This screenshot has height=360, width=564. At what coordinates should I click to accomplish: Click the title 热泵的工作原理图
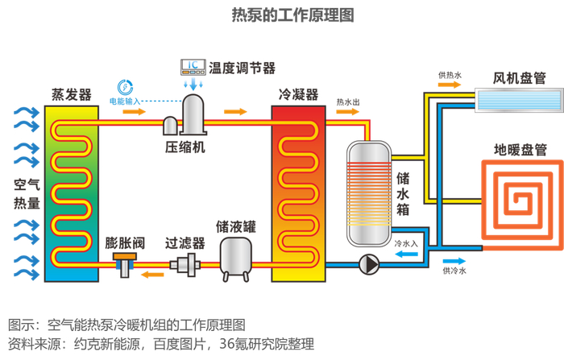pyautogui.click(x=281, y=14)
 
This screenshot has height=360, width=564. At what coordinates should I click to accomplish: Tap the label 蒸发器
pyautogui.click(x=71, y=93)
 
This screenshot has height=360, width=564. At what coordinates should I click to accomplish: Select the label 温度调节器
pyautogui.click(x=242, y=68)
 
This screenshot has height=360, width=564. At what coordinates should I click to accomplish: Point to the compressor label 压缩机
pyautogui.click(x=185, y=147)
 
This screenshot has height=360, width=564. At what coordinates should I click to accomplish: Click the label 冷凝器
pyautogui.click(x=298, y=93)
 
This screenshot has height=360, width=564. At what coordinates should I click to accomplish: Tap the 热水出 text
pyautogui.click(x=348, y=102)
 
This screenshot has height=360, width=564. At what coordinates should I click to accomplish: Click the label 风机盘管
pyautogui.click(x=520, y=78)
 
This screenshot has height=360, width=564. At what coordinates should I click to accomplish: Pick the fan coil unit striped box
pyautogui.click(x=519, y=100)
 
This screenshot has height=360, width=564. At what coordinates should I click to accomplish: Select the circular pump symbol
pyautogui.click(x=370, y=263)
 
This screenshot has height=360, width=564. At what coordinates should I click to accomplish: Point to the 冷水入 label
pyautogui.click(x=406, y=242)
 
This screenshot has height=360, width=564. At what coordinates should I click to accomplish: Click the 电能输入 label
pyautogui.click(x=125, y=101)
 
